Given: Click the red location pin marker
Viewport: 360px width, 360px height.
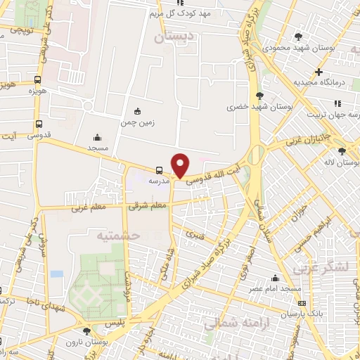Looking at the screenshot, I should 181,165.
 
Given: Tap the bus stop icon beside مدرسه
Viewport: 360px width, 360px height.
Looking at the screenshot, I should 160,169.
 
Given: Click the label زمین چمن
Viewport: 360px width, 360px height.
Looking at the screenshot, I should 137,122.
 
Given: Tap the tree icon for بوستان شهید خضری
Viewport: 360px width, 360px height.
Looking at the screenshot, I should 261,96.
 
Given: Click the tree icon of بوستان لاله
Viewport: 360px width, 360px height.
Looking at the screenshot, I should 342,151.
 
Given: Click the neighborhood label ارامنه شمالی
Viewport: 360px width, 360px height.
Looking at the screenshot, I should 229,324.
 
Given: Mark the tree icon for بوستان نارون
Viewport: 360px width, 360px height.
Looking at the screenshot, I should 86,330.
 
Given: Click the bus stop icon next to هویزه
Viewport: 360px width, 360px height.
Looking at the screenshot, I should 38,79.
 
